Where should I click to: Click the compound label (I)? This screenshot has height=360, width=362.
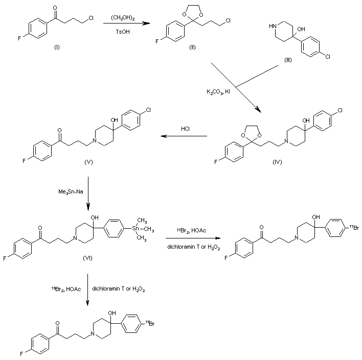coord(57,47)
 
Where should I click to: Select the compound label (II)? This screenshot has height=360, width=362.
coord(192,47)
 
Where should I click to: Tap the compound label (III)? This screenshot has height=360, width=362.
coord(288,60)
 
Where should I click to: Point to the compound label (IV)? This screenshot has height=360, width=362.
coord(277,162)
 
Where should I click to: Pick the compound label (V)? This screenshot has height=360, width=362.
coord(88,162)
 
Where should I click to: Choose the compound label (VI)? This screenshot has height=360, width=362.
coord(87,258)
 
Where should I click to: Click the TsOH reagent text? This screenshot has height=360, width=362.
coord(123,32)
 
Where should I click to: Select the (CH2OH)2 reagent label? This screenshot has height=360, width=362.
coord(123,18)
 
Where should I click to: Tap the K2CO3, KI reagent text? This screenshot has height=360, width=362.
coord(218,92)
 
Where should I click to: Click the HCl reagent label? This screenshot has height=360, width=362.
coord(185,129)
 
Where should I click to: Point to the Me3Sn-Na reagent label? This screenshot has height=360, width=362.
coord(71,191)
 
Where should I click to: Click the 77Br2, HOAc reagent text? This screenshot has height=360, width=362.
coord(191,230)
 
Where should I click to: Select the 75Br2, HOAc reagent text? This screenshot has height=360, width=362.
coord(66,289)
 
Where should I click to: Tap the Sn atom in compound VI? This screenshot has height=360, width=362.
coord(135,229)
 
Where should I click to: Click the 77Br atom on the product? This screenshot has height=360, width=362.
coord(354,228)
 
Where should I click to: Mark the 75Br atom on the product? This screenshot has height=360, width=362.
coord(150,324)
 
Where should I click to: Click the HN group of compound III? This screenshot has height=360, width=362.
coord(273,26)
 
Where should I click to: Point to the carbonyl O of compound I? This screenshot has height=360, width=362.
coord(55,8)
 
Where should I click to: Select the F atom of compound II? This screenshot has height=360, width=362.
coord(157,41)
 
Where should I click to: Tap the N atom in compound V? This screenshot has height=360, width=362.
coord(94,140)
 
